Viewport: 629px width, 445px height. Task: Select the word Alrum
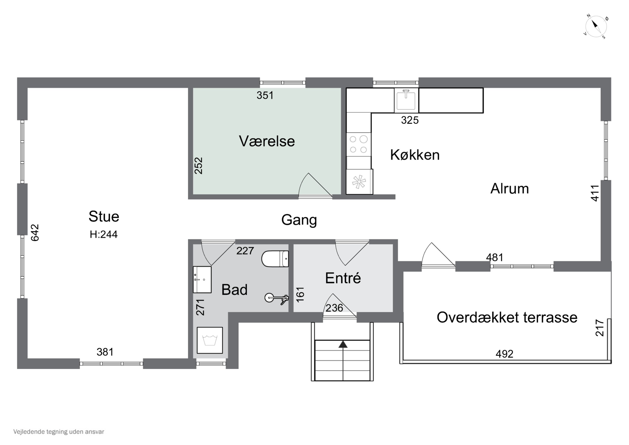[509, 189]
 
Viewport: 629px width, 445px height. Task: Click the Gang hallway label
[299, 220]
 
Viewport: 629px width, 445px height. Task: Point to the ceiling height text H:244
[104, 234]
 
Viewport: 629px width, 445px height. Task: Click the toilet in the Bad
[275, 258]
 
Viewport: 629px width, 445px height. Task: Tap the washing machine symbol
[210, 340]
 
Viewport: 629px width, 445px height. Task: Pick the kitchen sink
[406, 100]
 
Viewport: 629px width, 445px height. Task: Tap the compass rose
[596, 27]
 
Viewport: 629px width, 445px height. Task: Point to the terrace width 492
[504, 354]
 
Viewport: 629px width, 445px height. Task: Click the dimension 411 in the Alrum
[595, 193]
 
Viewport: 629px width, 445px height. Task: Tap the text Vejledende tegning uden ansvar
[59, 432]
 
